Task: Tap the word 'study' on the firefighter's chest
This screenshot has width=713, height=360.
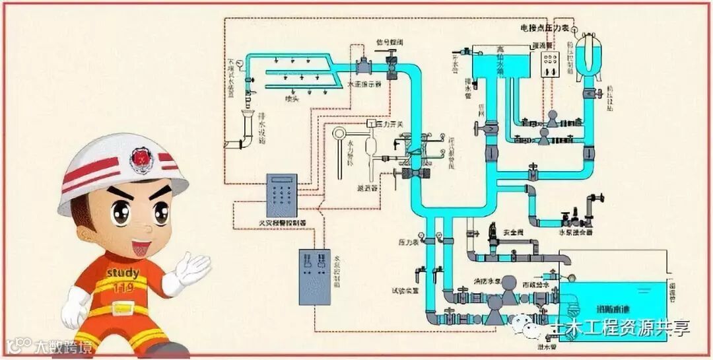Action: pyautogui.click(x=122, y=273)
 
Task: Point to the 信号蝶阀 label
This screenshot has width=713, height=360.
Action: pyautogui.click(x=389, y=42)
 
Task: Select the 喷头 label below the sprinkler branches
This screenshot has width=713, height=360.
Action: pyautogui.click(x=291, y=99)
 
